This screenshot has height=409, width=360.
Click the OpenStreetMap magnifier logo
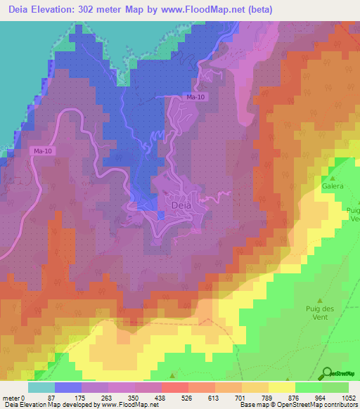tap(326, 373)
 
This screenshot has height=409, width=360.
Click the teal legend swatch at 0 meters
tap(41, 387)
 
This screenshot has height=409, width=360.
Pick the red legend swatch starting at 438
tap(174, 387)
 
